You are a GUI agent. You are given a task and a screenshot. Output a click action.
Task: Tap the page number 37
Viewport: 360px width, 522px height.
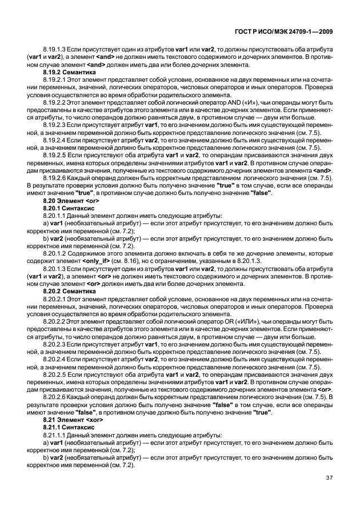point(329,478)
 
